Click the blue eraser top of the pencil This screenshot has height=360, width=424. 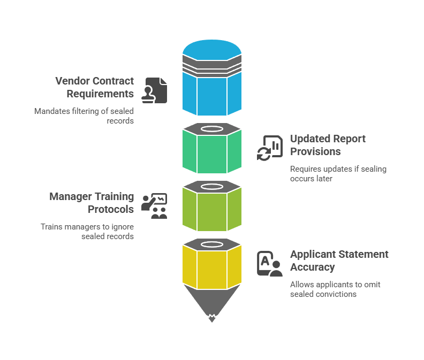pos(211,51)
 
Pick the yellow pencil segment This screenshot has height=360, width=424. pos(211,266)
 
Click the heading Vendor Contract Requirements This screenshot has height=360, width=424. pos(94,87)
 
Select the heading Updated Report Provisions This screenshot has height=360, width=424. pos(328,145)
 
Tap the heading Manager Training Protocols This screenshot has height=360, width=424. pos(92,203)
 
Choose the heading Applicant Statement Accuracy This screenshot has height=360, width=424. pos(339,261)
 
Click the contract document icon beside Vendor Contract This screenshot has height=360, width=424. pos(154,90)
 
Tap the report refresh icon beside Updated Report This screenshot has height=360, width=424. pos(270,147)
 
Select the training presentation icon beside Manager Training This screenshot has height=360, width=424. pos(154,205)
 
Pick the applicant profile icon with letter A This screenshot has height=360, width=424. pos(270,263)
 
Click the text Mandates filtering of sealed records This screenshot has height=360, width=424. pos(84,116)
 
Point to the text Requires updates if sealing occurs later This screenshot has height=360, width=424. pos(338,174)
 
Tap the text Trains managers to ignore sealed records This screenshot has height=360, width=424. pos(87,232)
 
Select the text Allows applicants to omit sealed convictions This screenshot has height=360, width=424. pos(335,289)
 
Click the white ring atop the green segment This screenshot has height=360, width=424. pos(211,129)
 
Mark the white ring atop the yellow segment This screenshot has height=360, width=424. pos(211,244)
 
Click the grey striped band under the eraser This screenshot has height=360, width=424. pos(211,68)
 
